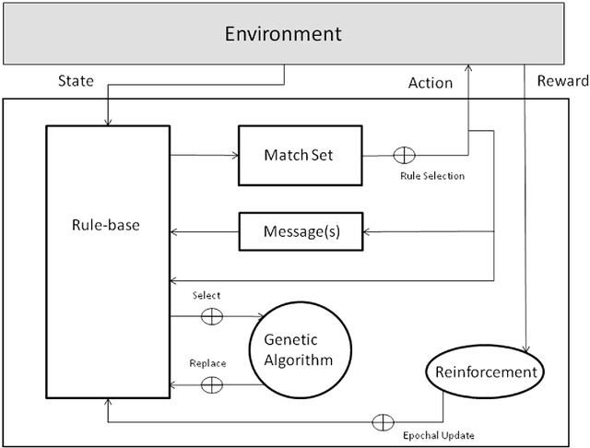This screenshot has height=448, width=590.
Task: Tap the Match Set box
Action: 298,155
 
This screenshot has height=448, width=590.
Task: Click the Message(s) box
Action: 301,231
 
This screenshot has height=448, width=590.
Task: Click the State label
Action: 76,81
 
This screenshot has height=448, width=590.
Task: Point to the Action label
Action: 431,83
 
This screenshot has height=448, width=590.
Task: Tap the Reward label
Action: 561,81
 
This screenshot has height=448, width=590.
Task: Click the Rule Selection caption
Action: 432,175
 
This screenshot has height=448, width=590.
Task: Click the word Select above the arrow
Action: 206,295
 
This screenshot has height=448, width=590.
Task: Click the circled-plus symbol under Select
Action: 212,315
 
